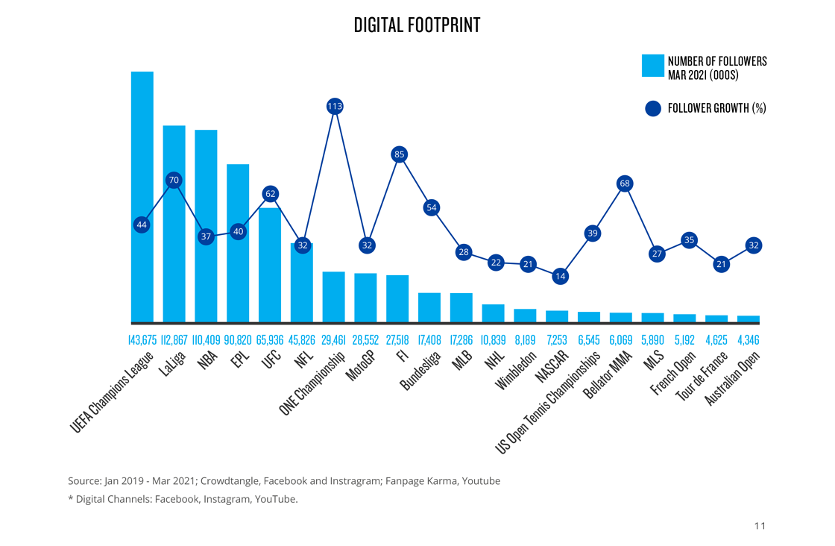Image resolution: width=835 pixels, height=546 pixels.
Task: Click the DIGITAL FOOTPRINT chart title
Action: (x=417, y=25)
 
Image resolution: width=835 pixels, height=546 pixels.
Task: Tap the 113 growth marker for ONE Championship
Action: (x=335, y=106)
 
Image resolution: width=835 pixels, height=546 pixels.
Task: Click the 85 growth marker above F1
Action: (x=399, y=154)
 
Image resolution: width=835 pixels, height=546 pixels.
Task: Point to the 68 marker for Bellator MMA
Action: (x=625, y=183)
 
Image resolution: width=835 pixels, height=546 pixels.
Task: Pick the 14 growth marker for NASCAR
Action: (x=560, y=276)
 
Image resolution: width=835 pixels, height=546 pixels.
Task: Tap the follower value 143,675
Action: (x=142, y=340)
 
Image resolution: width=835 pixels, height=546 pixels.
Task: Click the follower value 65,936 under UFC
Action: (x=270, y=340)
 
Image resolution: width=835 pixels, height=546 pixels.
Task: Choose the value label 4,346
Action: (x=748, y=340)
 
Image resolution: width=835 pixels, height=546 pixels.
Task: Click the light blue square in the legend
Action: (x=653, y=66)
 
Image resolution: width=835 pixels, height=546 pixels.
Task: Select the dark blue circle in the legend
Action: (x=653, y=108)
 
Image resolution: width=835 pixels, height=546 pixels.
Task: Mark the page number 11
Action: (x=760, y=526)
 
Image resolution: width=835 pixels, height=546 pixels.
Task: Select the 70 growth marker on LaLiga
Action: (x=174, y=180)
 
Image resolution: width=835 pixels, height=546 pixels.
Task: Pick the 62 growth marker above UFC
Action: (x=270, y=194)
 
